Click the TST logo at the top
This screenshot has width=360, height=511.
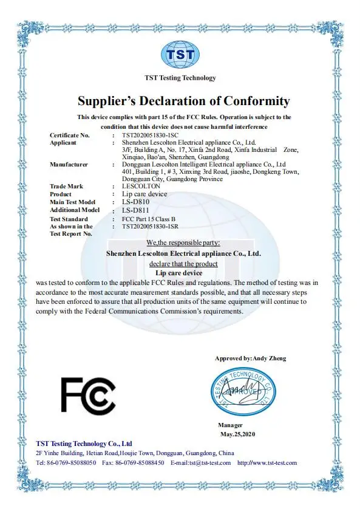180,55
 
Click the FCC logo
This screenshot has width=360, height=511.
88,394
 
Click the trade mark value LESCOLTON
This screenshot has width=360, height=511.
141,186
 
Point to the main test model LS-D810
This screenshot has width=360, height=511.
135,202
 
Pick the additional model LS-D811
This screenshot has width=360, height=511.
135,210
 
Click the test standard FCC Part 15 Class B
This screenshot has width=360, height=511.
151,219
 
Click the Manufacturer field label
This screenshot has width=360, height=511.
69,164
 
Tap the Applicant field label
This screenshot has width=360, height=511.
63,142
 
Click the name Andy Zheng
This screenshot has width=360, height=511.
270,358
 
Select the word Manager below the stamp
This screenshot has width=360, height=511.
231,425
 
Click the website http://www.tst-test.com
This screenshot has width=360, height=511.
267,463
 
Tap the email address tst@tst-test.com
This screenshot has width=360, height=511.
209,463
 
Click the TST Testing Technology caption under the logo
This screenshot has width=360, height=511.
180,78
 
